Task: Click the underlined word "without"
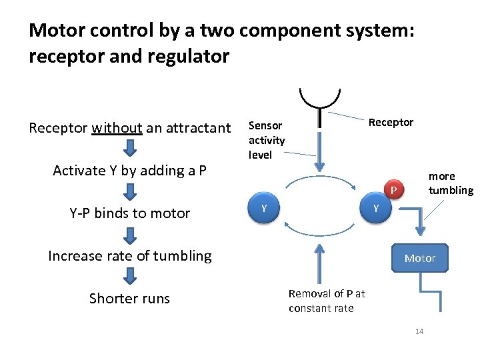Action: coord(117,128)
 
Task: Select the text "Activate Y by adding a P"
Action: coord(129,171)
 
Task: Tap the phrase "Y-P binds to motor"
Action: coord(129,213)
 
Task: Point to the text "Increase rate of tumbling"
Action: coord(129,256)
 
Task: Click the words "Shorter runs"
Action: coord(129,298)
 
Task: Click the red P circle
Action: coord(393,191)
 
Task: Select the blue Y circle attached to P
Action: coord(376,209)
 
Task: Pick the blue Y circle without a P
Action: coord(264,209)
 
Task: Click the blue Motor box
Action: coord(420,258)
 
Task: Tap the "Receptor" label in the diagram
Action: coord(391,122)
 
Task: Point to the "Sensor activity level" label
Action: coord(267,140)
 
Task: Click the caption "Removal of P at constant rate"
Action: coord(326,301)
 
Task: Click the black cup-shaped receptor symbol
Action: coord(320,100)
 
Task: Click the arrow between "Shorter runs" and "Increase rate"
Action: coord(131,277)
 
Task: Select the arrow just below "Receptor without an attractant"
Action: coord(131,149)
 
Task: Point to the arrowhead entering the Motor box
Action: coord(420,233)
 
